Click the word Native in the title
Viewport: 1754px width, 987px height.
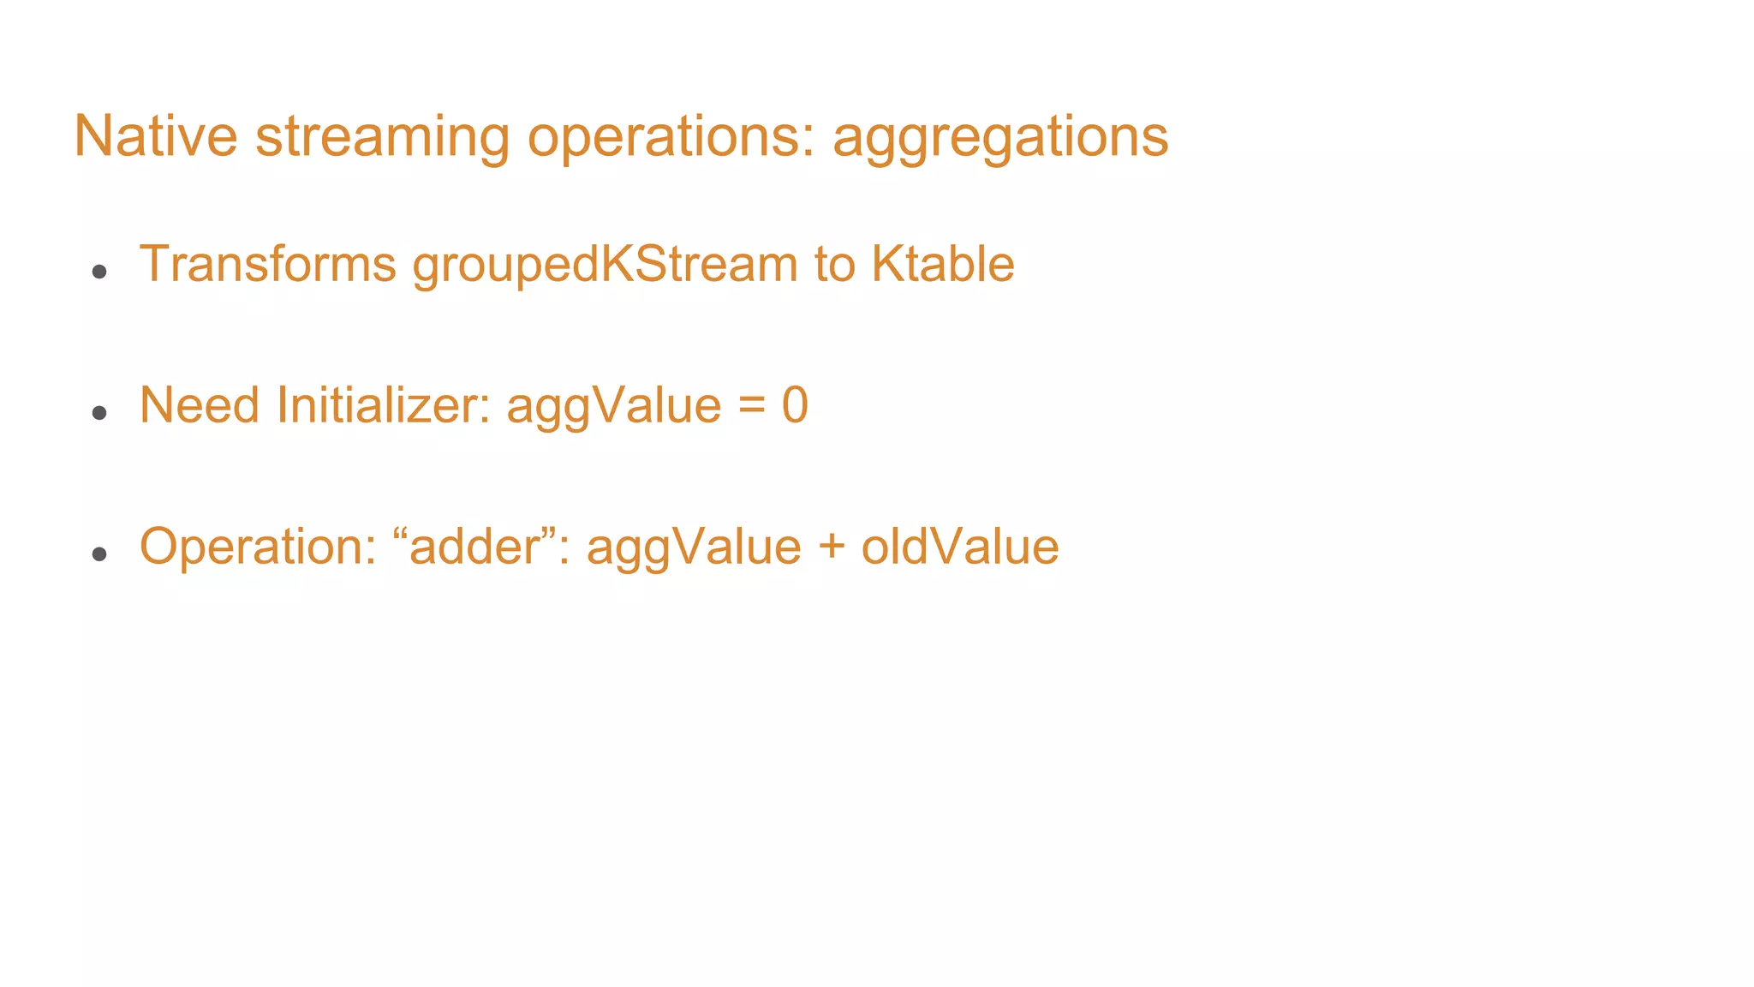[x=155, y=135]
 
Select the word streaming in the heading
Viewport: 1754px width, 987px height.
[x=381, y=137]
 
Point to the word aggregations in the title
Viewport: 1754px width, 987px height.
[x=999, y=137]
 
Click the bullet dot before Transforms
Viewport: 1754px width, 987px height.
[x=99, y=272]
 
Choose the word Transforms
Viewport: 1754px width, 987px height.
[x=267, y=263]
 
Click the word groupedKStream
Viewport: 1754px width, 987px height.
[x=605, y=265]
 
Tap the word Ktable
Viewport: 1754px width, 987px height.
[x=942, y=263]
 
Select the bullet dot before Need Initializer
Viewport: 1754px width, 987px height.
[x=99, y=413]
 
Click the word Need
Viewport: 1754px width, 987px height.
[x=199, y=404]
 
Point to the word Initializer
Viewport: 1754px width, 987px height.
[x=383, y=404]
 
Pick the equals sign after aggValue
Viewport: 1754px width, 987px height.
[x=751, y=405]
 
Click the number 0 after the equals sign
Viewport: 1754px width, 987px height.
[x=795, y=405]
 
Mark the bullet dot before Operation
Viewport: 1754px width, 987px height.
[x=99, y=554]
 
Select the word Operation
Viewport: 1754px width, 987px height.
[x=258, y=547]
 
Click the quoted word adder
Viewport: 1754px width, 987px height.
[x=476, y=547]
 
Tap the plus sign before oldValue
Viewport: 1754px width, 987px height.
[x=831, y=547]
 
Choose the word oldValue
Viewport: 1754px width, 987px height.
[x=959, y=547]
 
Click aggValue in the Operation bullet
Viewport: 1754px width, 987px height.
[x=694, y=548]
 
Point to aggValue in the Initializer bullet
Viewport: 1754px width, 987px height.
[x=613, y=407]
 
